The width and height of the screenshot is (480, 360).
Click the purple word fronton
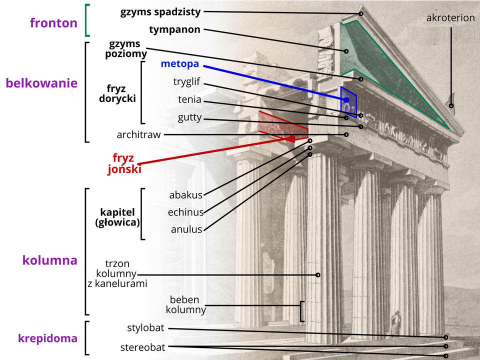[53, 23]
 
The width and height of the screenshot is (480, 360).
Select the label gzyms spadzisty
[160, 11]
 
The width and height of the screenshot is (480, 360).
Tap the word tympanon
[174, 29]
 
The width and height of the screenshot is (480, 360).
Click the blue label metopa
[180, 64]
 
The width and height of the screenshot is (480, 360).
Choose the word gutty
[189, 117]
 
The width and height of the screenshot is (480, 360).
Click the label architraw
[138, 134]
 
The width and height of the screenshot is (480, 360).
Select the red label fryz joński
[124, 163]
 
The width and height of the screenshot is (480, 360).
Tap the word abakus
[185, 195]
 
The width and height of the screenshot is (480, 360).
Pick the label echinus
[185, 212]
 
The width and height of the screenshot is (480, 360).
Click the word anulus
[186, 229]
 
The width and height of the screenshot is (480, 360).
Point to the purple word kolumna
[50, 260]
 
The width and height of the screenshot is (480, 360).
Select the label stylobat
[146, 328]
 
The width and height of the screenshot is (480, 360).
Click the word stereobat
[143, 347]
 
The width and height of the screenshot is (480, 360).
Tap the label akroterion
[450, 18]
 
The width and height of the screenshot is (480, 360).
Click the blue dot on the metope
[346, 100]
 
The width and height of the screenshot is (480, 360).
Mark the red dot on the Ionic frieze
[291, 137]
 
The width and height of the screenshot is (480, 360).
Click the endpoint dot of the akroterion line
[451, 105]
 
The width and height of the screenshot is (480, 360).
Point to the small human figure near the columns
[396, 322]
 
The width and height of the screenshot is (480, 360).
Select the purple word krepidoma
[47, 338]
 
